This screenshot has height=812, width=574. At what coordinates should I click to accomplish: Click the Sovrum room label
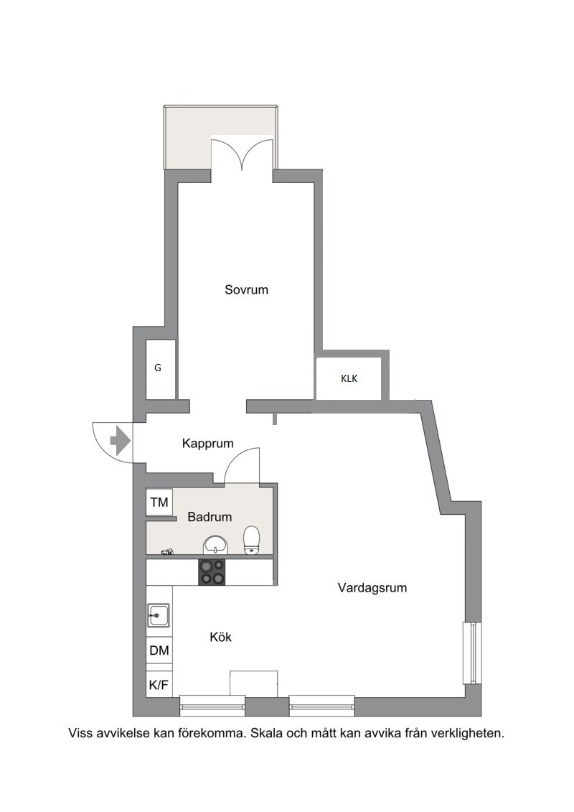pyautogui.click(x=246, y=289)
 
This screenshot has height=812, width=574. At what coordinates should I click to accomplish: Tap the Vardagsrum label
pyautogui.click(x=372, y=588)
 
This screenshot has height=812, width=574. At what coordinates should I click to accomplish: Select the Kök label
pyautogui.click(x=220, y=637)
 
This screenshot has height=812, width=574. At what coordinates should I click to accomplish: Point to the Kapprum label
pyautogui.click(x=207, y=443)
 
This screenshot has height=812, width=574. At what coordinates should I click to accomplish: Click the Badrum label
pyautogui.click(x=210, y=517)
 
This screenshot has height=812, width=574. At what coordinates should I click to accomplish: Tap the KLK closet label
pyautogui.click(x=349, y=378)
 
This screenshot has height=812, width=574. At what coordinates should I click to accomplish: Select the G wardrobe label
pyautogui.click(x=158, y=368)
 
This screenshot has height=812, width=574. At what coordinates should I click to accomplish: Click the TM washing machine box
pyautogui.click(x=159, y=502)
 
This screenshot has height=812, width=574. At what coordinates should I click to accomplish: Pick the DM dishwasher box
pyautogui.click(x=159, y=650)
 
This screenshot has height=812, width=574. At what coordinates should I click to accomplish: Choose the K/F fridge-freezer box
pyautogui.click(x=159, y=685)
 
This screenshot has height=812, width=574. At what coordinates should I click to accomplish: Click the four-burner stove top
pyautogui.click(x=212, y=572)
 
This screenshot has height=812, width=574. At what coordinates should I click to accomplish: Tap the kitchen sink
pyautogui.click(x=159, y=615)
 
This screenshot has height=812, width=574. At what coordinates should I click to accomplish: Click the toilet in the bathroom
pyautogui.click(x=252, y=540)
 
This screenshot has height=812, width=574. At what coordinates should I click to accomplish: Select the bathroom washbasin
pyautogui.click(x=215, y=545)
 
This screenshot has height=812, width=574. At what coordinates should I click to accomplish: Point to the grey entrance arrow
pyautogui.click(x=120, y=441)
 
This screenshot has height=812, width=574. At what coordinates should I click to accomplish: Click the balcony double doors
pyautogui.click(x=243, y=154)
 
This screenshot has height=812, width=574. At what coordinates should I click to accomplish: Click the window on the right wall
pyautogui.click(x=473, y=653)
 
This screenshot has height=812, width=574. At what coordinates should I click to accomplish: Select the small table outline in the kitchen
pyautogui.click(x=253, y=683)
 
